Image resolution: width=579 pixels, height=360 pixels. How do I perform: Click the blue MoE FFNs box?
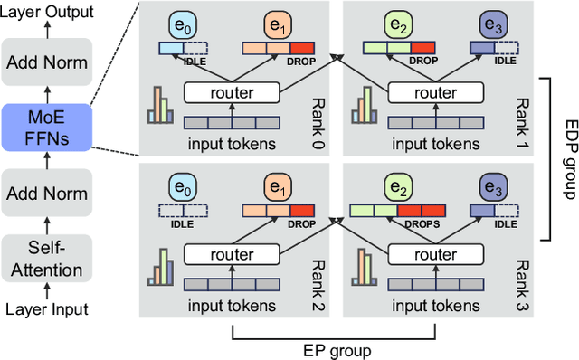(x=47, y=126)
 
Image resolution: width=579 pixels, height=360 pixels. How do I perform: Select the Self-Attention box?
(x=47, y=259)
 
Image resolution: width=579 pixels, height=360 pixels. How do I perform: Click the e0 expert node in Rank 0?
(x=183, y=24)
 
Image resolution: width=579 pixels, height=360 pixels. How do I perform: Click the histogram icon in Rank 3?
(x=365, y=269)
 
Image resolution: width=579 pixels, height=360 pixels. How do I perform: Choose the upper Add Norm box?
(x=47, y=62)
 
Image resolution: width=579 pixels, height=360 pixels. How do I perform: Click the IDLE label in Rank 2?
(x=183, y=226)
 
